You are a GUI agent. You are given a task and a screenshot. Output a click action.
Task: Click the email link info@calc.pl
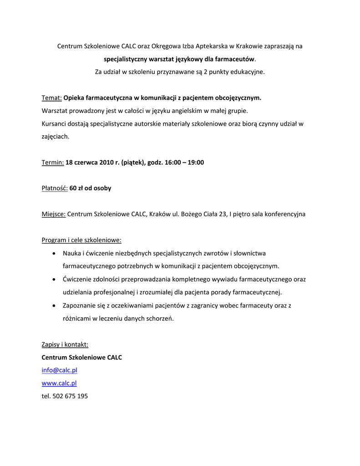60,370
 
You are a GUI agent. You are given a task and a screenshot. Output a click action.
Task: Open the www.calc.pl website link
59,383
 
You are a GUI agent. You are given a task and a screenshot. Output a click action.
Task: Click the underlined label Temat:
51,98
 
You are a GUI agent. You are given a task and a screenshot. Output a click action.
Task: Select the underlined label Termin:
52,162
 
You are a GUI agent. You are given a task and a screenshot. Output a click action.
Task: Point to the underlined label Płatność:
55,188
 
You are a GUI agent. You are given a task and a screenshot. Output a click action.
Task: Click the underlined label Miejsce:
54,214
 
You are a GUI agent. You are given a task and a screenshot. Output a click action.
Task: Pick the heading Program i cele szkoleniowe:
81,240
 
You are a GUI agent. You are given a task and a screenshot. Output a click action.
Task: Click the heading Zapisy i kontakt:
65,344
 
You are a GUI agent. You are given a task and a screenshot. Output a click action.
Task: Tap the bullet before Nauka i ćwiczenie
54,253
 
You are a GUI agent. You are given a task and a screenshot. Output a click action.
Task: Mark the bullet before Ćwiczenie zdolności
54,279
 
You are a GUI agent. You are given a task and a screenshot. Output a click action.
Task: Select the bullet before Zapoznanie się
54,306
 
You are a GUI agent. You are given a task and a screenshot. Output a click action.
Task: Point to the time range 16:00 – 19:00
184,162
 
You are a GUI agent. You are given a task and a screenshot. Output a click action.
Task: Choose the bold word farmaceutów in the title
236,59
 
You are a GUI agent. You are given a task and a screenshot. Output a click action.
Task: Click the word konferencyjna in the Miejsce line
285,214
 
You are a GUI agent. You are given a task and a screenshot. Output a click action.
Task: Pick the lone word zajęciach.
56,136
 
